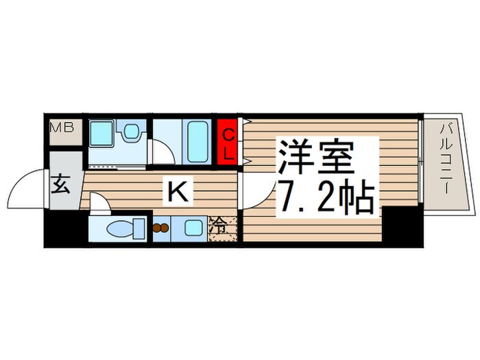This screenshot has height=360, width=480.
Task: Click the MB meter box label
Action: coord(66,128)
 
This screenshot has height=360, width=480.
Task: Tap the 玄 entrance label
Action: coord(60,185)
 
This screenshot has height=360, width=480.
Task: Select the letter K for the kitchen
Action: coord(176,193)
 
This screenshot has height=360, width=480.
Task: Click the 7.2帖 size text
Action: coord(324,198)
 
